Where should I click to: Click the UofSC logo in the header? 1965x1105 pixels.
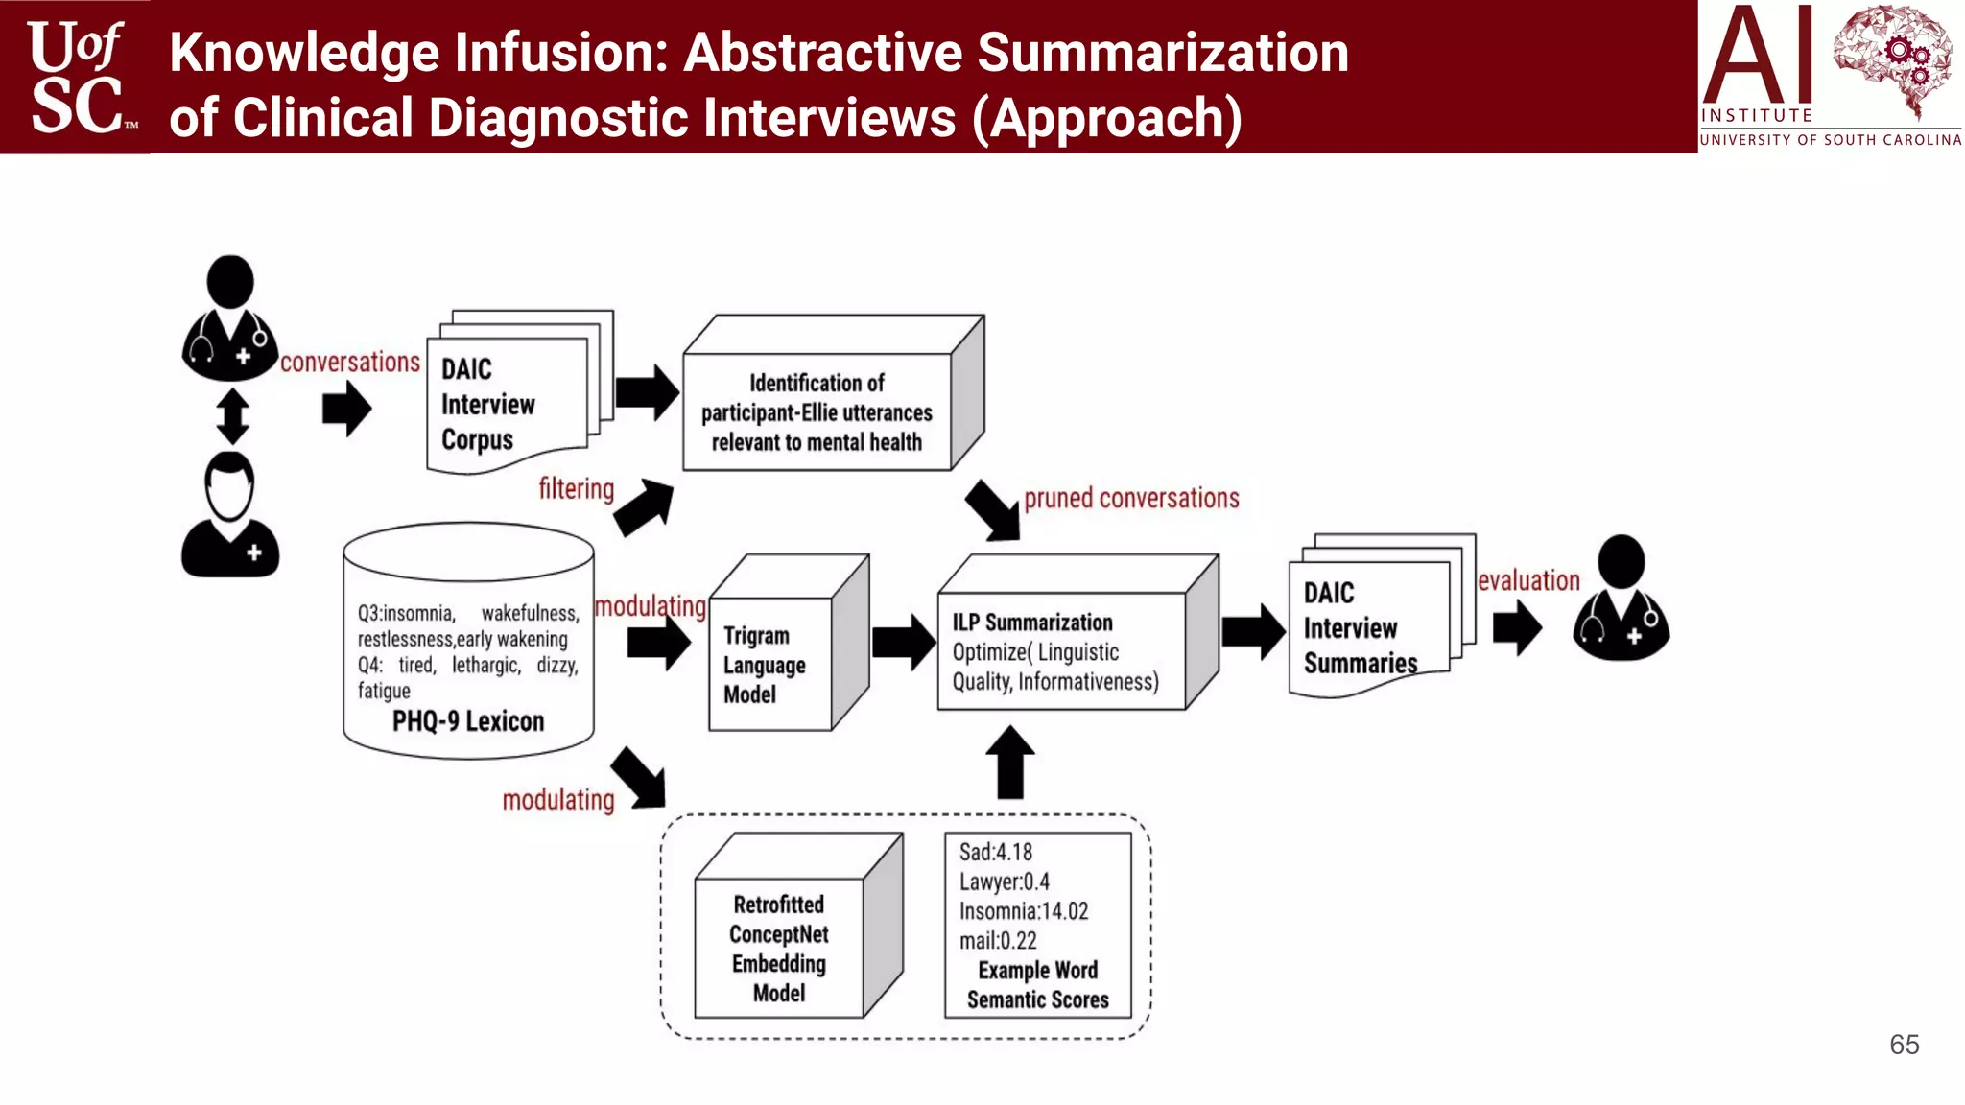pyautogui.click(x=77, y=77)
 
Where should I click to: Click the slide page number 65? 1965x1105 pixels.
pyautogui.click(x=1904, y=1045)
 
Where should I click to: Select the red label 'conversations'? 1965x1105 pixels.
pyautogui.click(x=350, y=363)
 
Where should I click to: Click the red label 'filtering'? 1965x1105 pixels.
pyautogui.click(x=576, y=489)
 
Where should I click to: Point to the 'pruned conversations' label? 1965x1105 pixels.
pyautogui.click(x=1131, y=499)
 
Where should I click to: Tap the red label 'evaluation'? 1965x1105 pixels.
pyautogui.click(x=1528, y=581)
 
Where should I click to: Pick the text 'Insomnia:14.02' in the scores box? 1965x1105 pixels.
pyautogui.click(x=1024, y=911)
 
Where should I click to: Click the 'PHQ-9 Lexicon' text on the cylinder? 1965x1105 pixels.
pyautogui.click(x=468, y=721)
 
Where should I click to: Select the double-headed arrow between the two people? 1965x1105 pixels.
pyautogui.click(x=232, y=416)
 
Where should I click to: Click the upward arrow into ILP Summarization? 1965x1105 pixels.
pyautogui.click(x=1010, y=764)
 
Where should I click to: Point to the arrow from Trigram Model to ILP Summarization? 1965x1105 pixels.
pyautogui.click(x=903, y=642)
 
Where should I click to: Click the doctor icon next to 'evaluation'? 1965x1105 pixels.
pyautogui.click(x=1622, y=599)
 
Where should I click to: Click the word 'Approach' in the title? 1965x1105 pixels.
pyautogui.click(x=1106, y=119)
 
